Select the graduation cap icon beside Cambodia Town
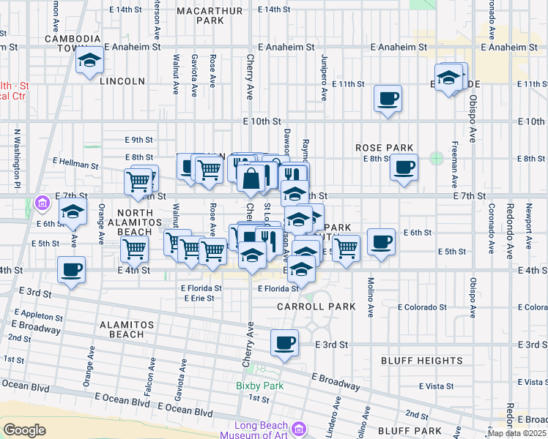(x=89, y=60)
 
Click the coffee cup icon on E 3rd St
(x=284, y=342)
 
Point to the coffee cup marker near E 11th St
(x=388, y=97)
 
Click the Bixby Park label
(x=253, y=386)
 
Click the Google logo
(x=24, y=430)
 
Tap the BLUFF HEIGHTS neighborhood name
(x=421, y=361)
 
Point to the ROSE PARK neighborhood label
(x=381, y=148)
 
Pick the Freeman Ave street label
(x=454, y=165)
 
